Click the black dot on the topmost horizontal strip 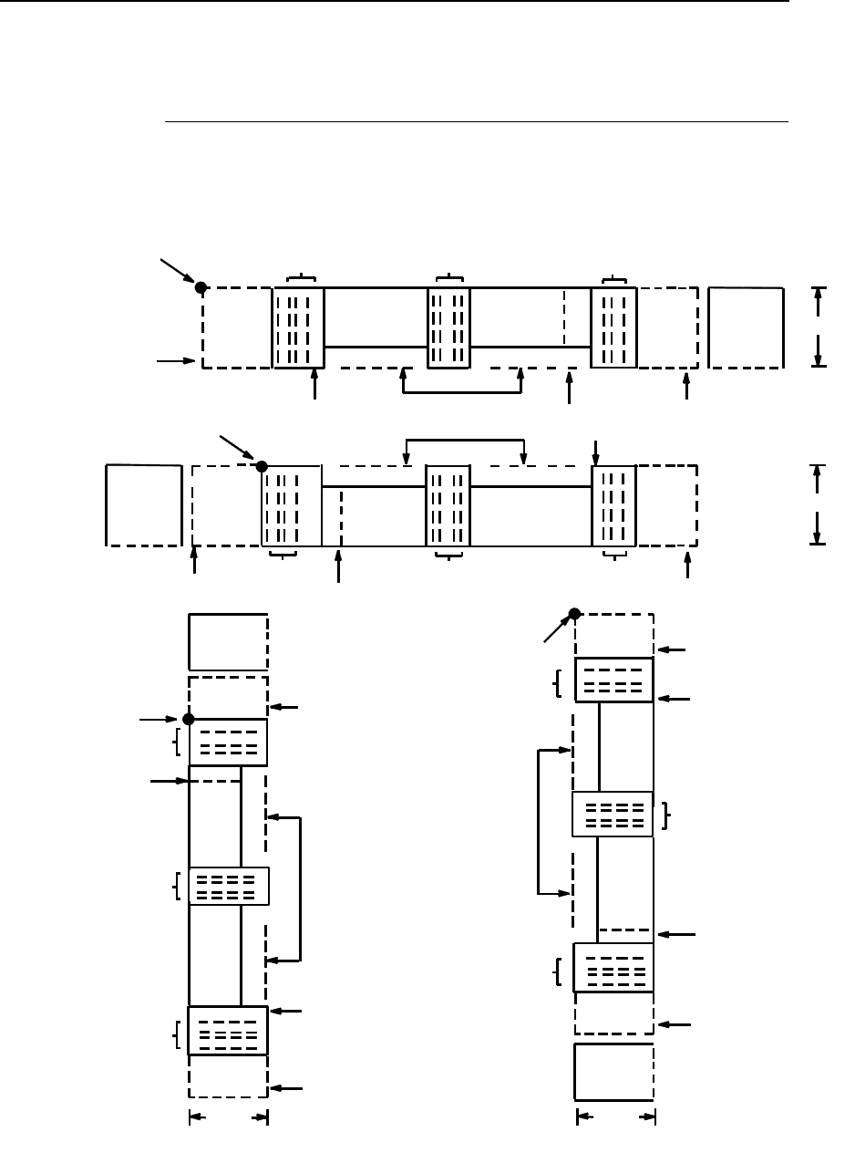pos(201,287)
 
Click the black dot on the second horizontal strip pos(262,466)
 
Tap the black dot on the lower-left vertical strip pos(189,719)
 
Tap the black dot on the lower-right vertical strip pos(574,613)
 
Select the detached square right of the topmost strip pos(746,327)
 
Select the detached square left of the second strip pos(143,505)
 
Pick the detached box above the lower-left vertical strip pos(228,642)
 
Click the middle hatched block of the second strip pos(448,505)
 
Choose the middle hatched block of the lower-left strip pos(229,886)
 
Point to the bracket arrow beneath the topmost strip pos(461,392)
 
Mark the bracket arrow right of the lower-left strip pos(299,889)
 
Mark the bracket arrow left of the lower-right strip pos(541,821)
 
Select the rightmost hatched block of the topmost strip pos(613,327)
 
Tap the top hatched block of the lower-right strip pos(614,680)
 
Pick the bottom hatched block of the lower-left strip pos(228,1031)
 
